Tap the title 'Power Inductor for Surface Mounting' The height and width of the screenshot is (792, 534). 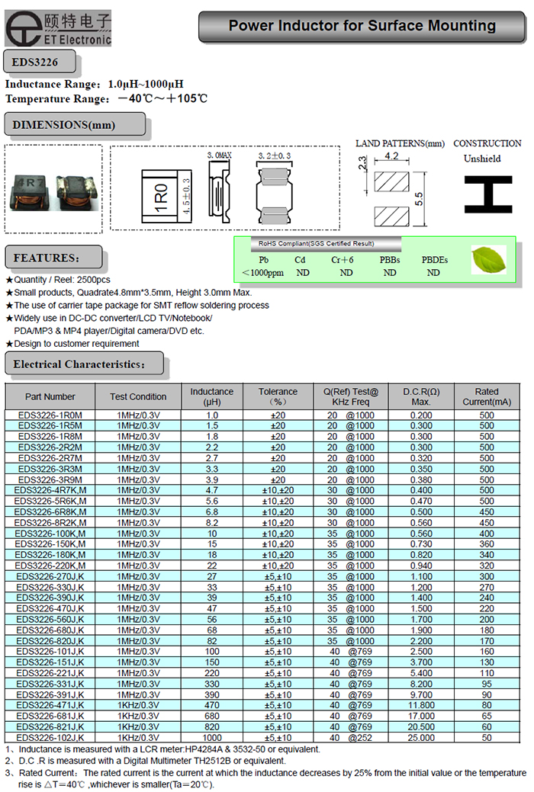[x=362, y=27]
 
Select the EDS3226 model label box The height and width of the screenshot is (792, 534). [x=31, y=61]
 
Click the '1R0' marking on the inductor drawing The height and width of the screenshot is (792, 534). [x=161, y=197]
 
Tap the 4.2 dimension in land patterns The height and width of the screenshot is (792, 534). [x=391, y=156]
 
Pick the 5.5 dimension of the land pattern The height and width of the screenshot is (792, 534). [x=418, y=197]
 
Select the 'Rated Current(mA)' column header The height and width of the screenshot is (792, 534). [x=487, y=396]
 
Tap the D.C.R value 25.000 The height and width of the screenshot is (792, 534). [x=421, y=738]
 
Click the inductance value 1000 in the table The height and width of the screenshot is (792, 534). [x=211, y=738]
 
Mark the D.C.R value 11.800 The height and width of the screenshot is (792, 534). [x=421, y=706]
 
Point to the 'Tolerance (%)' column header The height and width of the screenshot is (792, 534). [x=278, y=396]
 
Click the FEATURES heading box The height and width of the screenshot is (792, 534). [x=53, y=258]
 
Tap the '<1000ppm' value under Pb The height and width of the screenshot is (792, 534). [x=262, y=273]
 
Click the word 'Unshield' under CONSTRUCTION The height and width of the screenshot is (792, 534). [x=482, y=159]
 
